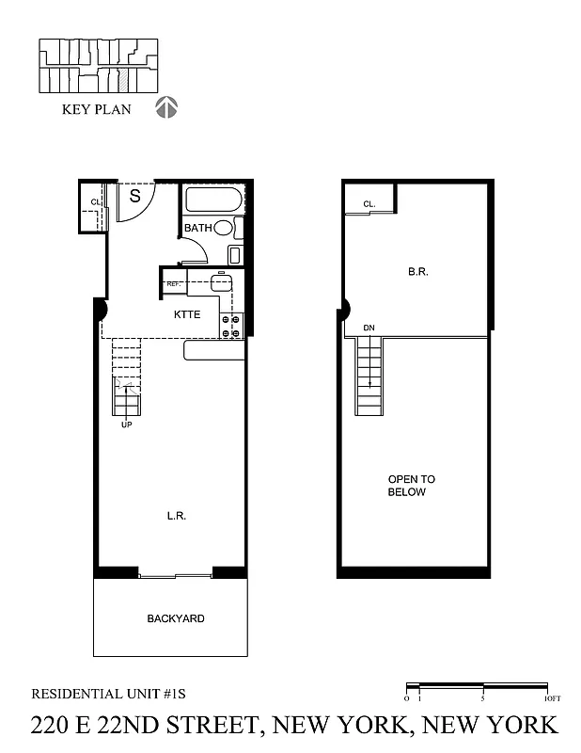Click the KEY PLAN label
coord(96,109)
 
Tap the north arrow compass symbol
coord(166,108)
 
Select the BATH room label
coord(197,228)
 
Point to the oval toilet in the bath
coord(224,228)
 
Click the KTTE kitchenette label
coord(186,314)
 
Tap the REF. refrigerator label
coord(174,283)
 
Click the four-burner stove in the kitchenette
coord(231,326)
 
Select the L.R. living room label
coord(175,515)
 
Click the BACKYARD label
coord(176,618)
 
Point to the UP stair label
coord(126,425)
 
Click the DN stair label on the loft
coord(369,328)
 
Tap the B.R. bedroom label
coord(418,271)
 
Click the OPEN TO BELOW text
coord(411,486)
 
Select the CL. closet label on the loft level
coord(369,203)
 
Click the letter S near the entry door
coord(134,197)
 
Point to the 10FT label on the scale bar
coord(552,698)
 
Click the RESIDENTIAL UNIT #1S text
coord(109,694)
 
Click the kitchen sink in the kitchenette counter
coord(222,282)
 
